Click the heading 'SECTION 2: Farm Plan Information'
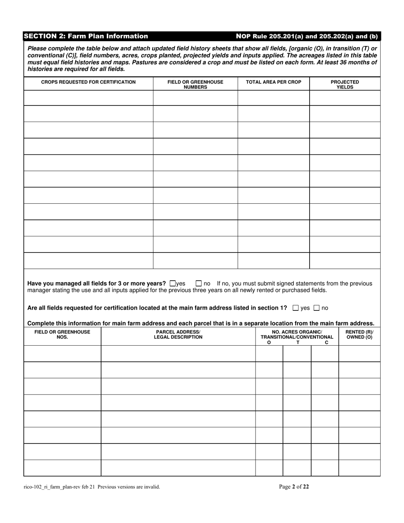tap(86, 37)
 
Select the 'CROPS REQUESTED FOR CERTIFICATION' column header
tap(88, 82)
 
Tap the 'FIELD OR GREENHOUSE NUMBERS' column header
tap(195, 84)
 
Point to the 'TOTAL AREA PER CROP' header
tap(273, 82)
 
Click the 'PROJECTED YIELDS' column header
tap(345, 84)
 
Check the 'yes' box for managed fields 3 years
tap(172, 283)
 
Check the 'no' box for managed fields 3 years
tap(199, 283)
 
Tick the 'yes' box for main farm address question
tap(296, 308)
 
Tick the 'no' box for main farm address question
tap(316, 308)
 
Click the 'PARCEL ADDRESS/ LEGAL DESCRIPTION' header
tap(178, 335)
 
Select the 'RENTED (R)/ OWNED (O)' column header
tap(359, 335)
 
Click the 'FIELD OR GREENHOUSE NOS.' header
tap(63, 335)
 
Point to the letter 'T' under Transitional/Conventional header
tap(298, 342)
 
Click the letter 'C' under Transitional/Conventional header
tap(326, 342)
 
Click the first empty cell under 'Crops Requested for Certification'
tap(88, 98)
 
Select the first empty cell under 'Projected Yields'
tap(345, 98)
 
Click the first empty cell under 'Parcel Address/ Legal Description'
tap(178, 354)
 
